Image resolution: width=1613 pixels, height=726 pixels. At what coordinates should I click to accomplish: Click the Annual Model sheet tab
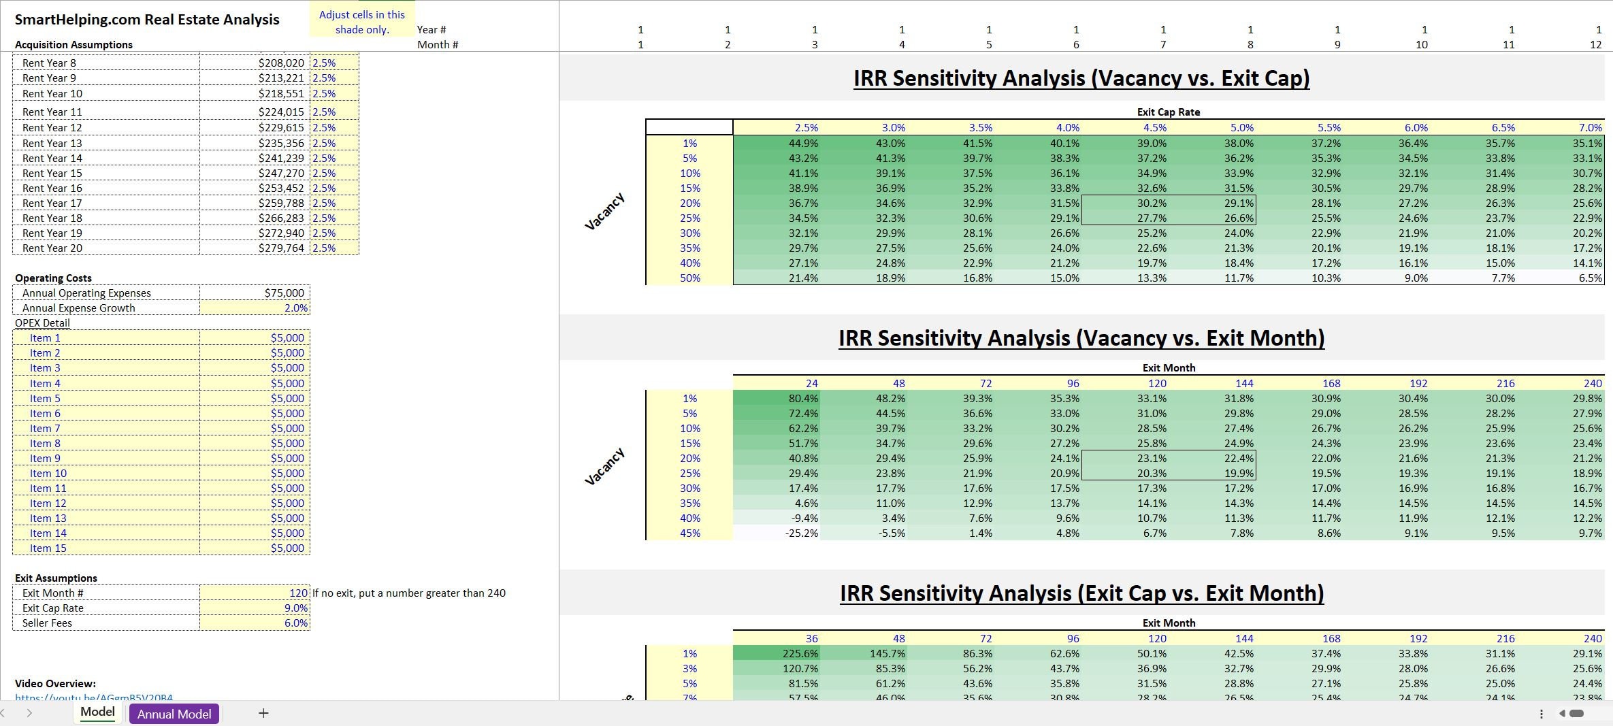point(174,714)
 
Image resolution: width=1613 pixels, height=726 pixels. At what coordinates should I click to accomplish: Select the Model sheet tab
point(97,712)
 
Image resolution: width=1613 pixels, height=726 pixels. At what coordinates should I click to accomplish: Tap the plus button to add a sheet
point(263,713)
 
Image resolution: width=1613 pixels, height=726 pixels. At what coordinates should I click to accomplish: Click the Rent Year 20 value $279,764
point(281,248)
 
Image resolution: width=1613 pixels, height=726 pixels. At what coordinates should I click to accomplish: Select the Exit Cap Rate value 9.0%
point(295,608)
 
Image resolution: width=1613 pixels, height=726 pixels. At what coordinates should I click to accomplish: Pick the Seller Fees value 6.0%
point(295,623)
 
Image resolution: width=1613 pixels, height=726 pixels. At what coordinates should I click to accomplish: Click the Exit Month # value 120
point(298,593)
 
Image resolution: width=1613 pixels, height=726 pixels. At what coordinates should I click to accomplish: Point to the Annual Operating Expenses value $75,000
point(284,293)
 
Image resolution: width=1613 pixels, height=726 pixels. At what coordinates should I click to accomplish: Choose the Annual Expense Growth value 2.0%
point(295,308)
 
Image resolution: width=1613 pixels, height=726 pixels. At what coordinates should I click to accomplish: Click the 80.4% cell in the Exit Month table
point(803,399)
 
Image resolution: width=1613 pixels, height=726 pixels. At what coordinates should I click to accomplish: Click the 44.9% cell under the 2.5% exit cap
point(803,144)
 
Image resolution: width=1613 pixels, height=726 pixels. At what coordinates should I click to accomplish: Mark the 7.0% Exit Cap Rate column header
point(1590,128)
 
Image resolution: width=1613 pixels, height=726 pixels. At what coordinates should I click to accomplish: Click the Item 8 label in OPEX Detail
point(45,444)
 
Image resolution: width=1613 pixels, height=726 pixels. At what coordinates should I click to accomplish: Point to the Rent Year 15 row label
point(52,174)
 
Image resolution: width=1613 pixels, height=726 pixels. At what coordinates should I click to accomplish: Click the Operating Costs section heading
point(53,278)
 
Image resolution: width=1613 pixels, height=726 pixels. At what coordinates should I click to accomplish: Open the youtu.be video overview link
point(94,697)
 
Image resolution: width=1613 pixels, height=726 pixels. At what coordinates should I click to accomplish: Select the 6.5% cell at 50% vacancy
point(1590,278)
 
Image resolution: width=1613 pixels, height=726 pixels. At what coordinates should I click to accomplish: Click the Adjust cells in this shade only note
point(362,22)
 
